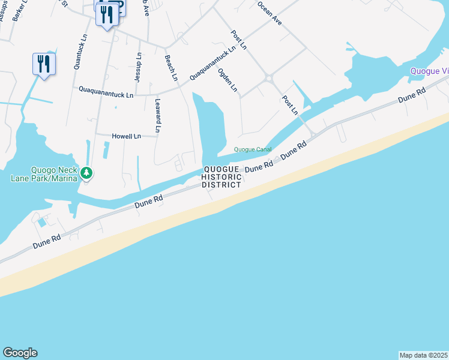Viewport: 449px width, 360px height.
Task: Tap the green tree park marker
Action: click(87, 173)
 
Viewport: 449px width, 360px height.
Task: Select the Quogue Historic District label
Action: click(221, 177)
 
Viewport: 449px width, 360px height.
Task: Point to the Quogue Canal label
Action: click(253, 149)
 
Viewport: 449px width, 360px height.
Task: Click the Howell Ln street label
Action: click(126, 136)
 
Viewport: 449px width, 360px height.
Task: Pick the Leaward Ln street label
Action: click(158, 115)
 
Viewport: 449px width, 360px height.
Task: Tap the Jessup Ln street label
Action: click(138, 67)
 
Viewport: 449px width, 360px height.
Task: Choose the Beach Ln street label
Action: click(171, 68)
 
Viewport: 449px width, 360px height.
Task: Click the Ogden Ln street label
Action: click(228, 80)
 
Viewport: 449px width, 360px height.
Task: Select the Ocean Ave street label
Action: click(269, 12)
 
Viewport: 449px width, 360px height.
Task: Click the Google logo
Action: click(20, 353)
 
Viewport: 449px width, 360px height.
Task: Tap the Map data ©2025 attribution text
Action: click(423, 355)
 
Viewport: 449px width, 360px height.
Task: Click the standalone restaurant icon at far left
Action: click(44, 64)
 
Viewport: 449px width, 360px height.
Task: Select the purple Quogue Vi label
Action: click(429, 71)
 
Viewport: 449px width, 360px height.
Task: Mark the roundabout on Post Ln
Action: click(268, 77)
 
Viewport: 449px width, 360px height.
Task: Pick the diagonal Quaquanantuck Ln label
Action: click(212, 64)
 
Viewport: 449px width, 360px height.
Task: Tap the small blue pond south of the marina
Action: click(41, 222)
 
